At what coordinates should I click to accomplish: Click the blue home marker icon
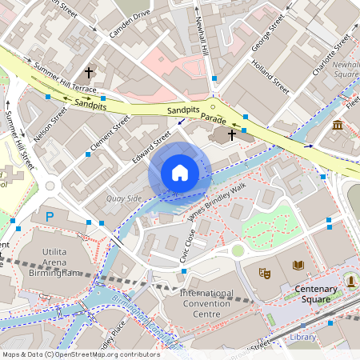[180, 173]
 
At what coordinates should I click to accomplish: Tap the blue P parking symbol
[50, 217]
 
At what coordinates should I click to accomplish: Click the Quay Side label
[123, 198]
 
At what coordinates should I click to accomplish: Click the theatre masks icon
[264, 274]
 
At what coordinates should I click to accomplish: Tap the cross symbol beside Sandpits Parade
[233, 134]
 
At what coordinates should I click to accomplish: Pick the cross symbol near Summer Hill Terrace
[89, 72]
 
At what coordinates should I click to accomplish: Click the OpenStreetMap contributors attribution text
[80, 354]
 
